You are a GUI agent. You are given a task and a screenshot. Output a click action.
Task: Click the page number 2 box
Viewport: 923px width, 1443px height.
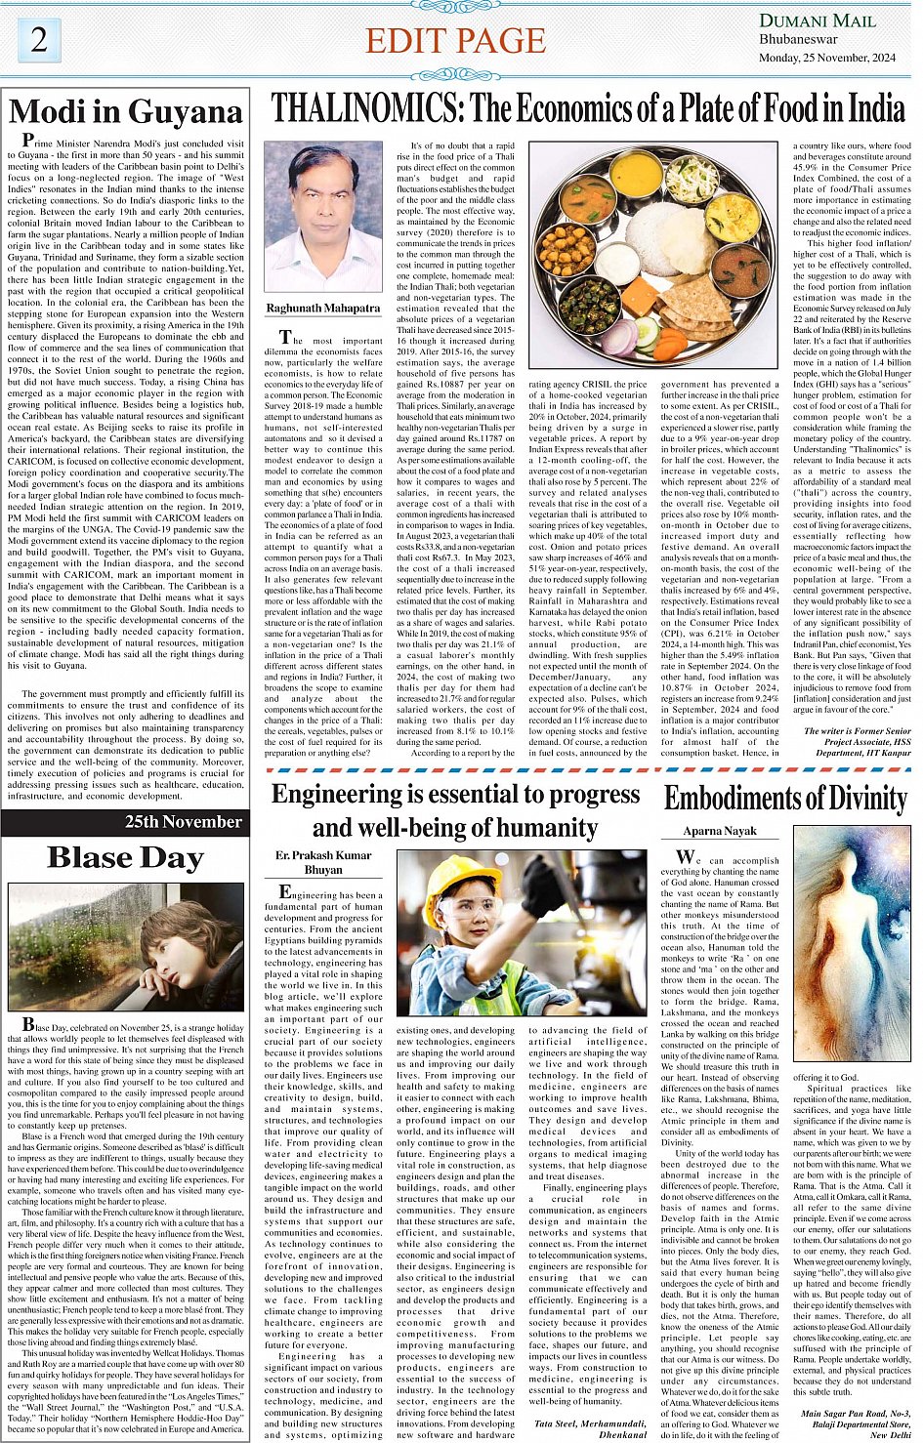pyautogui.click(x=38, y=39)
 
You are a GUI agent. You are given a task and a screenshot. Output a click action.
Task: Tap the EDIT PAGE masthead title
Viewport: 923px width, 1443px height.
pyautogui.click(x=455, y=41)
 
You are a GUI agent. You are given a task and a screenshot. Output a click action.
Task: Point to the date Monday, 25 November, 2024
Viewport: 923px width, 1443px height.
pyautogui.click(x=827, y=58)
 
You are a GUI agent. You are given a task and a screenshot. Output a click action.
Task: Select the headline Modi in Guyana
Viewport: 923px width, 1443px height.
pyautogui.click(x=125, y=112)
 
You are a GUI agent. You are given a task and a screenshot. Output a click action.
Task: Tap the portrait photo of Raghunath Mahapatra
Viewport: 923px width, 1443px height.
pyautogui.click(x=322, y=217)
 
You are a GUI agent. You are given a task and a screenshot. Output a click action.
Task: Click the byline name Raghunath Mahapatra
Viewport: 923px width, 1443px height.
pyautogui.click(x=322, y=309)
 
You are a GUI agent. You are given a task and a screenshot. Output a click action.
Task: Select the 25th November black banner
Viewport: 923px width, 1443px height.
pyautogui.click(x=125, y=822)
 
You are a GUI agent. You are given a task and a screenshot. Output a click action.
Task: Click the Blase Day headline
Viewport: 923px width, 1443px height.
pyautogui.click(x=125, y=857)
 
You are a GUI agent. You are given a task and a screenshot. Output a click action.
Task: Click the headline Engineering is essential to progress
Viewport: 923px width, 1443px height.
pyautogui.click(x=455, y=794)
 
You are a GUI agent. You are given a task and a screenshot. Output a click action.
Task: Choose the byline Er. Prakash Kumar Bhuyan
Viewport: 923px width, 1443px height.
pyautogui.click(x=323, y=862)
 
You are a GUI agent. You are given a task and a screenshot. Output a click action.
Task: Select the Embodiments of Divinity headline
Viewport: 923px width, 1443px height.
pyautogui.click(x=785, y=799)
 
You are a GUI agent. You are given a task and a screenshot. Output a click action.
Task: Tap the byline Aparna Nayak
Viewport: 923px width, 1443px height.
pyautogui.click(x=720, y=831)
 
